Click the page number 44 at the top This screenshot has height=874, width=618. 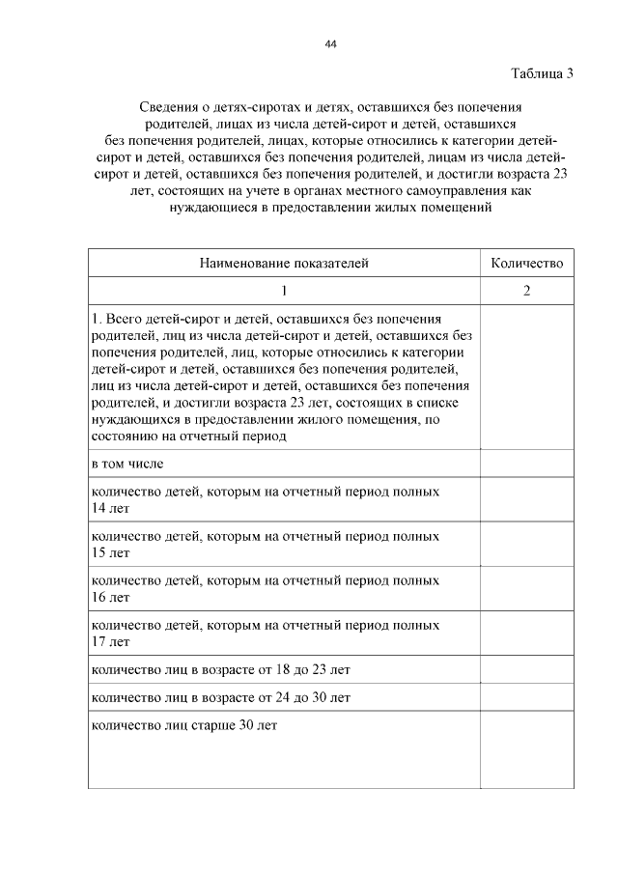(331, 44)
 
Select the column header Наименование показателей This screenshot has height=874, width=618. (284, 262)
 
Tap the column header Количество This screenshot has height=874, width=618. (526, 262)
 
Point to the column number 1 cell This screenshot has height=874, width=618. (284, 291)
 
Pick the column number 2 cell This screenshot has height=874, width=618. (526, 291)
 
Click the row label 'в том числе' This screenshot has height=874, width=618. (127, 464)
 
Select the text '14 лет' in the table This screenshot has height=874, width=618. (109, 508)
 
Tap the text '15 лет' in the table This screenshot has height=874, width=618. (109, 552)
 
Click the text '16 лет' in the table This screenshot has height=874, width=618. (109, 597)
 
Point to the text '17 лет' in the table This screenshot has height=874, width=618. (109, 641)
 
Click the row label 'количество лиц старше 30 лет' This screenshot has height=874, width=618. (183, 724)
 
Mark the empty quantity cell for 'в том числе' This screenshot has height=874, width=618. (526, 464)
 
